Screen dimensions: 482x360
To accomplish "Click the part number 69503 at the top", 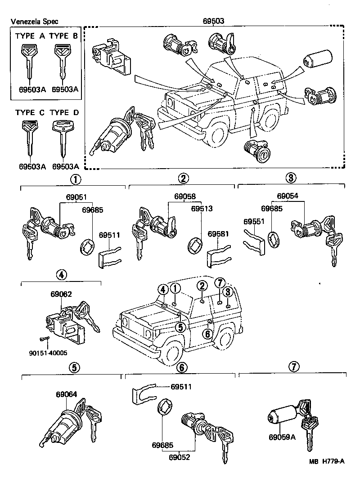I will click(214, 21).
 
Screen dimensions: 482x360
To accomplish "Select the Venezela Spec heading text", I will click(34, 21).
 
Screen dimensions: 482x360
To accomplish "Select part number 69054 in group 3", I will click(288, 196).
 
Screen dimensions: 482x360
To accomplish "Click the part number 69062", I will click(61, 294).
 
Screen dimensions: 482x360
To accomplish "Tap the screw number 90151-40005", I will click(47, 353).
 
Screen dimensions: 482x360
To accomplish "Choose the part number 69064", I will click(66, 394).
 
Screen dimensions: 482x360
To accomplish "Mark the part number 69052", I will click(180, 458).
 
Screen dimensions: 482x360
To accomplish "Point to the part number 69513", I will click(201, 209).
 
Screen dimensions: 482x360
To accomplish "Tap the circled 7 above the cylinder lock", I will click(293, 367).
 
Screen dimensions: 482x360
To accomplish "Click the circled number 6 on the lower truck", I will click(207, 334).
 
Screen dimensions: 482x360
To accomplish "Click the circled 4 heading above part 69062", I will click(62, 274).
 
